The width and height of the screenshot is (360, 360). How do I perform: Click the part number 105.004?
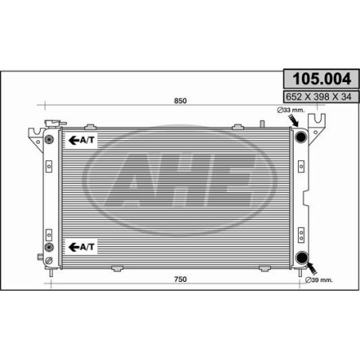(322, 79)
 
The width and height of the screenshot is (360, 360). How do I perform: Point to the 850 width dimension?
(180, 101)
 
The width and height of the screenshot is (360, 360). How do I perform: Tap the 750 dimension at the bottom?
(180, 280)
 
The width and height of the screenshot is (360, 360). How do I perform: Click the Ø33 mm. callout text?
(291, 110)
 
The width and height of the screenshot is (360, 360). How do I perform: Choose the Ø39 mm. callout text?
(319, 280)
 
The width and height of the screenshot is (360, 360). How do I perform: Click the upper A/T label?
(81, 140)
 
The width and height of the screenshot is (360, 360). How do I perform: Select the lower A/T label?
(81, 247)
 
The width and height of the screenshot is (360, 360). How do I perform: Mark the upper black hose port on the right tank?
(301, 137)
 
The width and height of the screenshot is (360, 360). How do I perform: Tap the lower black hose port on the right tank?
(302, 257)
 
